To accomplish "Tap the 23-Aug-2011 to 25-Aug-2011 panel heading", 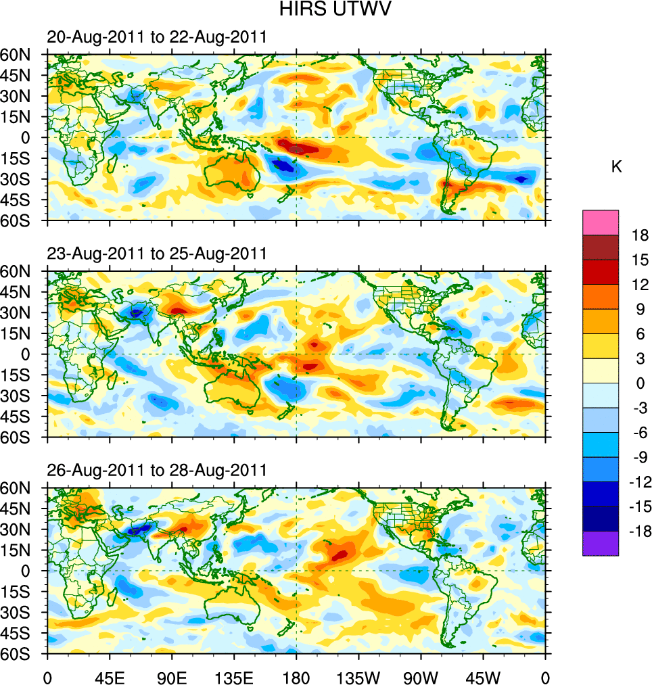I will tap(156, 254).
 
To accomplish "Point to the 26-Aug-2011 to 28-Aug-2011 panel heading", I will tap(156, 470).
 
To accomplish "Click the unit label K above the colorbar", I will tap(616, 167).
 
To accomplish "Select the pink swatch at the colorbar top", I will tap(601, 222).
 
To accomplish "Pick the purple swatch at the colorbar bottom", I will tap(601, 544).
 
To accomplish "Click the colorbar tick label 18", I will tap(638, 235).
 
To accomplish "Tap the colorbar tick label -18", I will tap(638, 531).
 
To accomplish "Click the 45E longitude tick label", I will tap(109, 676).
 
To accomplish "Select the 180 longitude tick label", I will tap(296, 676).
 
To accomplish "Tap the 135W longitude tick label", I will tap(358, 676).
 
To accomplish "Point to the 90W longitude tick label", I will tap(421, 676).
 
